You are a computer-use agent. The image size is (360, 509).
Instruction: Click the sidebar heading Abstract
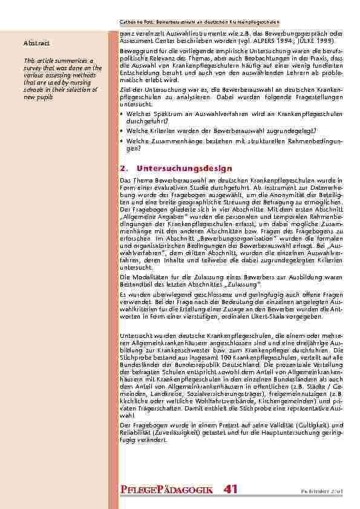36,44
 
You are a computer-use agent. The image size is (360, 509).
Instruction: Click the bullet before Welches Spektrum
122,114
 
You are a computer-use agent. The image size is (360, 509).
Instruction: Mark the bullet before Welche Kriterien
122,131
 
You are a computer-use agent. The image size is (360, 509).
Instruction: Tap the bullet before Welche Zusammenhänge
122,140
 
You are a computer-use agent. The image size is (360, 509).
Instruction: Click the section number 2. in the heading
125,167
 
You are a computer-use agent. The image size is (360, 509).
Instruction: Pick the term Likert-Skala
282,316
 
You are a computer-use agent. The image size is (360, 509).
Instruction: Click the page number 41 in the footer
230,489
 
